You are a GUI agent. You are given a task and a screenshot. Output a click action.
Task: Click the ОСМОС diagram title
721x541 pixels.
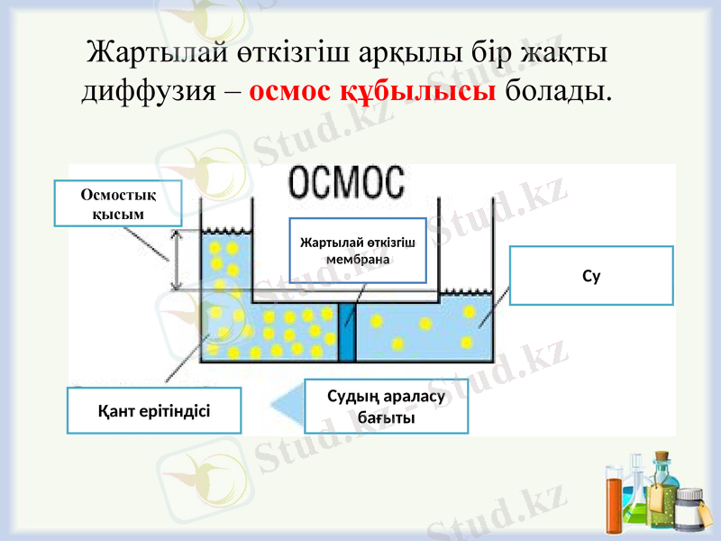347,184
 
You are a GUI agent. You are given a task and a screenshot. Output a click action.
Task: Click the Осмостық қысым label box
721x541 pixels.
117,203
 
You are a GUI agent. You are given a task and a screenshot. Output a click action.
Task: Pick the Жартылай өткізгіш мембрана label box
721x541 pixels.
357,250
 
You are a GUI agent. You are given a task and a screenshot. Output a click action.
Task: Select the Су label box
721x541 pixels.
591,276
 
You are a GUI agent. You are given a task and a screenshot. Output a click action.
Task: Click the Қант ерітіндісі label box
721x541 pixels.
154,410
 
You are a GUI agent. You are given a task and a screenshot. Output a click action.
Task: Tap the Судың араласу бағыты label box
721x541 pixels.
387,408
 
